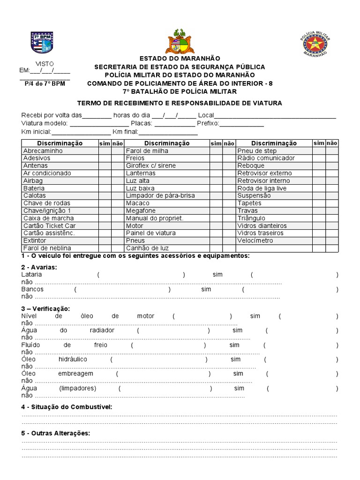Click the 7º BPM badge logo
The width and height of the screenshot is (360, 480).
[42, 43]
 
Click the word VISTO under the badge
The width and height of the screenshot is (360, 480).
[45, 63]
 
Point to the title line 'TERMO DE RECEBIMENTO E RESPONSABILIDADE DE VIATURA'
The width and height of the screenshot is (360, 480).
[180, 103]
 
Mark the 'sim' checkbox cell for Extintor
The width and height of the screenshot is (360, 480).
[104, 240]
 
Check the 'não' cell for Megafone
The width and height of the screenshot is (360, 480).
[228, 210]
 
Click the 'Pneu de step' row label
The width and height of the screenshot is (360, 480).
[257, 150]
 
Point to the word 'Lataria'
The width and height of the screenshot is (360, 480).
[32, 275]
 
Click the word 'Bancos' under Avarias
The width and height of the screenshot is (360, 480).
[32, 289]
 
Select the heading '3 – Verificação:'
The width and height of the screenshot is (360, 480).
[45, 308]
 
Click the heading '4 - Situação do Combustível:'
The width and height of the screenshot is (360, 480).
[67, 406]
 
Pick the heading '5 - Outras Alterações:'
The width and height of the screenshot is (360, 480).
[55, 433]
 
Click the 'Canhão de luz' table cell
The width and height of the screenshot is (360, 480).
[147, 248]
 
